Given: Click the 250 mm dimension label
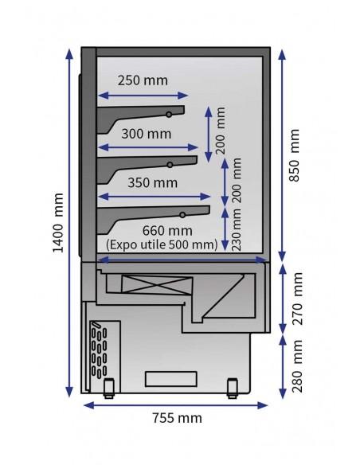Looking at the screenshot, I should tap(144, 80).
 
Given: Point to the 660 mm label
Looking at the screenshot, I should tap(158, 232).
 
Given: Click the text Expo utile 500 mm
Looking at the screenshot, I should tap(161, 244).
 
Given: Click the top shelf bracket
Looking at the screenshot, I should tap(143, 115).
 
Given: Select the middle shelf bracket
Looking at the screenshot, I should tap(147, 165).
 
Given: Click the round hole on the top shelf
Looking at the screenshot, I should tap(168, 115).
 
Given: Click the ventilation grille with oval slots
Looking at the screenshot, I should tap(100, 350).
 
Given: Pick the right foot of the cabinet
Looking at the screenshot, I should tap(233, 388).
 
